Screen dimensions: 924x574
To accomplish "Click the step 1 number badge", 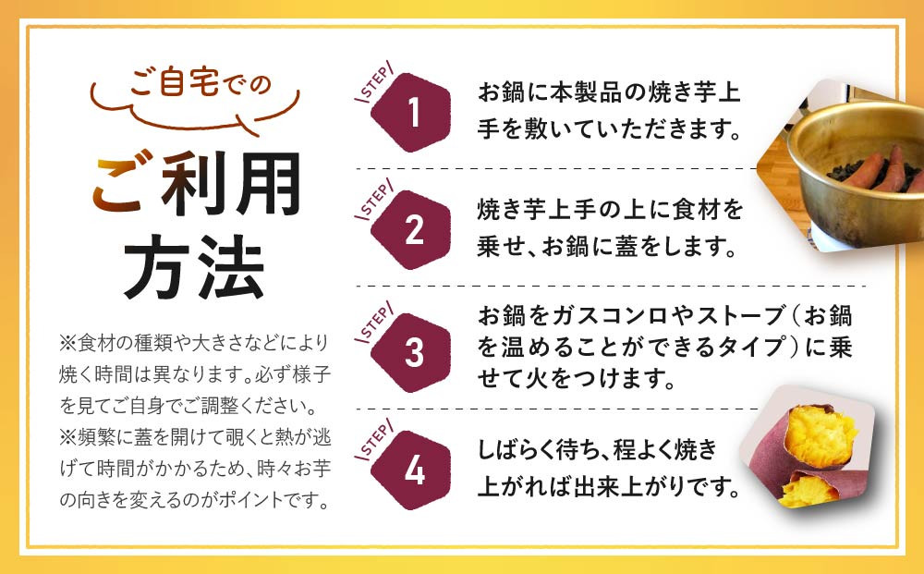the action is coord(410,112).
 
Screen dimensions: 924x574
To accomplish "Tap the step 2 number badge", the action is coord(410,230).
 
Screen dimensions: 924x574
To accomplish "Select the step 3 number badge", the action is coord(410,352).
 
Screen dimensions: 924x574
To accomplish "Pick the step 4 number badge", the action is coord(410,470).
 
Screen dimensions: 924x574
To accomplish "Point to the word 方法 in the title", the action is coord(194,267).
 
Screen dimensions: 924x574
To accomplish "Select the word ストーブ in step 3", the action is coord(741,316).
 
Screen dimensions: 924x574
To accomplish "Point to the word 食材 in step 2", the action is coord(689,210).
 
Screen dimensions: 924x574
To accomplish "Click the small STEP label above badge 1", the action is coord(375,82).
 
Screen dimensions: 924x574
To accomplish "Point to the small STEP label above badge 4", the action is coord(375,440).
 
